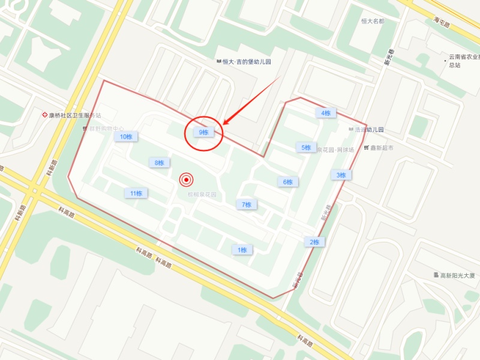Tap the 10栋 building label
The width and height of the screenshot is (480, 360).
(x=126, y=137)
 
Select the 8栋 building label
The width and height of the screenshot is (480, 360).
(x=159, y=163)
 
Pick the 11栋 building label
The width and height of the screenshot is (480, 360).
(x=136, y=193)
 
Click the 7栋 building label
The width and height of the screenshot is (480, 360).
(x=246, y=205)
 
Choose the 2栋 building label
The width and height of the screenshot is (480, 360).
(x=314, y=242)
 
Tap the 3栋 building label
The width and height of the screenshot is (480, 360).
(x=341, y=175)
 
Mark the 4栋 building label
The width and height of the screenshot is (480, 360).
(x=326, y=113)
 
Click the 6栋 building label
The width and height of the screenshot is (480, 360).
(x=288, y=182)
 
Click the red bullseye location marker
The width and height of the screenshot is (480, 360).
(x=187, y=179)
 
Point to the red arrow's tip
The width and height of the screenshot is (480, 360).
(x=223, y=125)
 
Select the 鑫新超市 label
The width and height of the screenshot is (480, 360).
(x=382, y=148)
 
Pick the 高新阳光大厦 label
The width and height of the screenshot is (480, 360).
(x=457, y=275)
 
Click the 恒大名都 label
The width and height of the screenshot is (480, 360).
(x=372, y=21)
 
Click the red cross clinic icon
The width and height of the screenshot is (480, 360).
(x=44, y=115)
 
